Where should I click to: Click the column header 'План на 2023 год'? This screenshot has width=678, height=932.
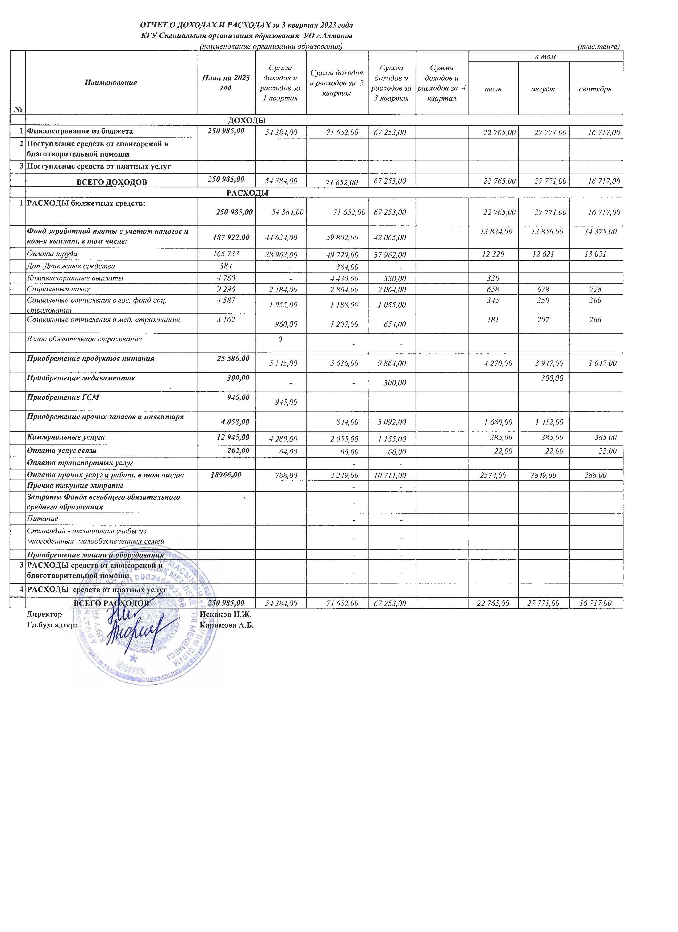pos(226,83)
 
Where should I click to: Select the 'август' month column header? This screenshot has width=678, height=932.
pos(543,89)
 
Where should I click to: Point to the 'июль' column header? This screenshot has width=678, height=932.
pos(493,89)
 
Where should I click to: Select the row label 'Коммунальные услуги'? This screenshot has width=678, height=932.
pos(66,437)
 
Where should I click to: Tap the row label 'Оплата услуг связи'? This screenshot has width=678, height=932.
pos(62,450)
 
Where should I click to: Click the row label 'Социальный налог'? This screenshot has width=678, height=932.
pos(58,289)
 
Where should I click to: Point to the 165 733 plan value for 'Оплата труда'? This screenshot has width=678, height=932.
pos(225,254)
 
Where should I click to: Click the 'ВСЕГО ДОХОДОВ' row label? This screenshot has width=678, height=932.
pos(112,182)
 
